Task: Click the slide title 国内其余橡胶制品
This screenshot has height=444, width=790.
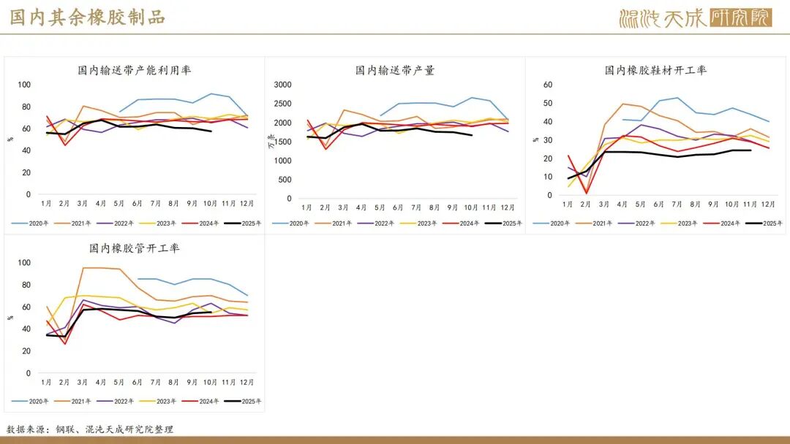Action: pos(87,18)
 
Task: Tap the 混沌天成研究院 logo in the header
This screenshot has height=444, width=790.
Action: pos(695,18)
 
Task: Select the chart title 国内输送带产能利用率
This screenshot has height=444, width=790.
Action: pos(135,70)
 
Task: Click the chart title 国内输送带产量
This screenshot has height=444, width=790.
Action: pos(395,70)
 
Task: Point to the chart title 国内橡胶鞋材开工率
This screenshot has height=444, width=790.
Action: pos(655,70)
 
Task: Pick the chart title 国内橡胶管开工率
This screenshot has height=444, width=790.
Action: pos(135,248)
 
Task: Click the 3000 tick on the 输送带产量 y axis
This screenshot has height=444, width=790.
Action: pos(282,85)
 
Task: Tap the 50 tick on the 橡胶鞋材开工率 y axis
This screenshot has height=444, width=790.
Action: pos(547,103)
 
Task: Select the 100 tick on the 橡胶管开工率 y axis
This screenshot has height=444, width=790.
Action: pos(24,263)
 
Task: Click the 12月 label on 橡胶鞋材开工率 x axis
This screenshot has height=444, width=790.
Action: pos(768,204)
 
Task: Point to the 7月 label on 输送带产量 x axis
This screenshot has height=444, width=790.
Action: pos(416,208)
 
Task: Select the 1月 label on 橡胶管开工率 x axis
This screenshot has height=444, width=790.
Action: pos(46,383)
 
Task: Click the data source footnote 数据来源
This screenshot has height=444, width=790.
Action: pos(90,429)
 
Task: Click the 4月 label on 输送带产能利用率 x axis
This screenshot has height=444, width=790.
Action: pos(102,204)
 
